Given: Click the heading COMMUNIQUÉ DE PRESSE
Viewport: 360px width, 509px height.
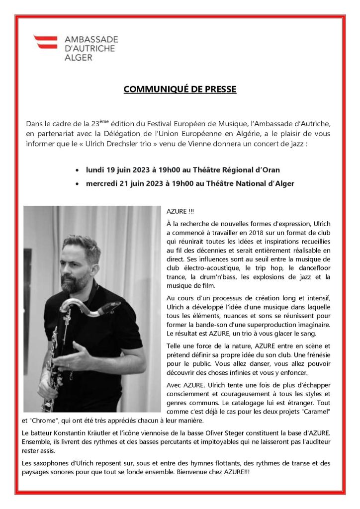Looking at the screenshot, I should point(180,89).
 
